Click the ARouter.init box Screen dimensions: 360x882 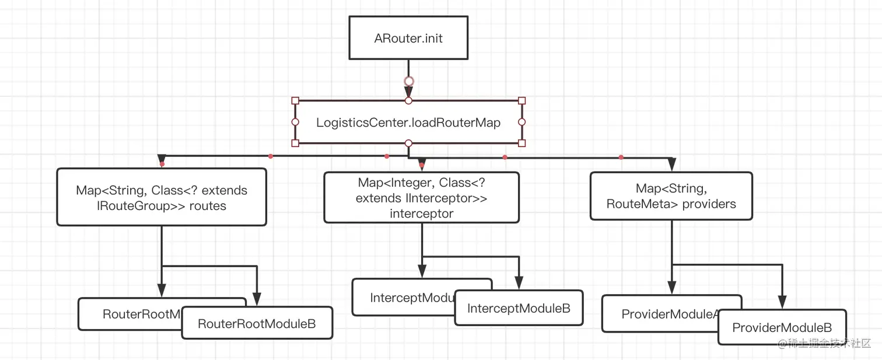point(408,38)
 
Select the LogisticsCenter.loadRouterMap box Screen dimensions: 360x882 point(408,123)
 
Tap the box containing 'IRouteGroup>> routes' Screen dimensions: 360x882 point(162,197)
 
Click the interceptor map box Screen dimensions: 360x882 point(421,198)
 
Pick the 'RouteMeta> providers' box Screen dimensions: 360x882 point(671,196)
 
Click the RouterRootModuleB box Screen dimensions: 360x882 point(257,323)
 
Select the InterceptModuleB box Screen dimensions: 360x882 point(519,308)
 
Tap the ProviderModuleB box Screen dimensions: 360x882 point(781,327)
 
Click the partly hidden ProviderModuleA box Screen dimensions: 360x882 point(659,314)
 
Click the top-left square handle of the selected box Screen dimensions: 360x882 point(295,100)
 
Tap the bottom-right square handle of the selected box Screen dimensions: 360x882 point(521,143)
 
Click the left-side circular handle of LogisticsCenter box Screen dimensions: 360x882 point(295,122)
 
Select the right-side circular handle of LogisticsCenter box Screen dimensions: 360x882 point(521,122)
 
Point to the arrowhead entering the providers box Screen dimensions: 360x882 point(671,164)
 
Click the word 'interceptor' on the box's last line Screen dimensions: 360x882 point(421,214)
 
